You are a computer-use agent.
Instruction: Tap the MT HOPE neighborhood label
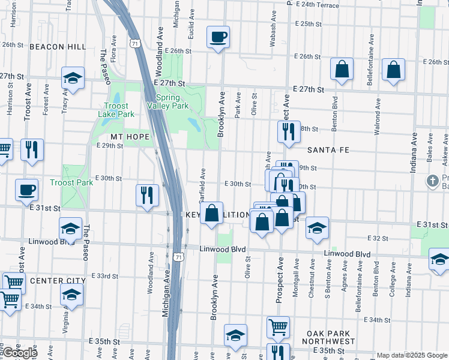127,137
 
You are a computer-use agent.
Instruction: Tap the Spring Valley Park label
172,101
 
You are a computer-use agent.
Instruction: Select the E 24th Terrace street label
317,4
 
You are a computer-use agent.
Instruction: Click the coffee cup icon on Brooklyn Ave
217,38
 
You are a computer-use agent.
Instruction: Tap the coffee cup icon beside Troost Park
26,190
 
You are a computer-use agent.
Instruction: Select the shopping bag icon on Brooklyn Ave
211,214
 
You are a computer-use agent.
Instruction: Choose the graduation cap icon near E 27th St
73,79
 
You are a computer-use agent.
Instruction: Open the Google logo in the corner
20,353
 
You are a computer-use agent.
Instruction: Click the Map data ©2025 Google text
412,355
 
